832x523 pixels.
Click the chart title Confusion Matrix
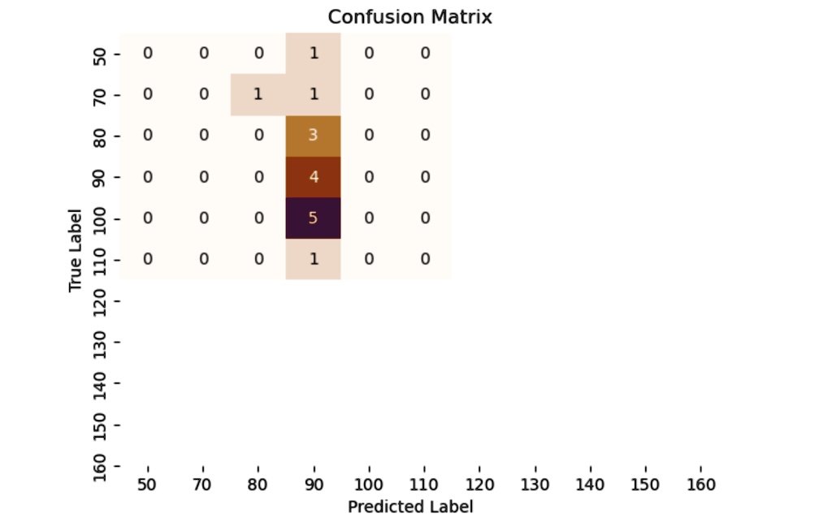pos(409,16)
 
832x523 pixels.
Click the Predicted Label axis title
pos(409,507)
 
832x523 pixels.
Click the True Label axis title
pos(76,250)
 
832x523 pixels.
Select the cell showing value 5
pos(313,218)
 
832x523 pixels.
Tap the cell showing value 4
pos(313,176)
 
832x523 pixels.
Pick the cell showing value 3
pos(313,135)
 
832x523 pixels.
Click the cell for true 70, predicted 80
pos(258,94)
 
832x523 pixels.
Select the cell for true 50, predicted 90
pos(313,53)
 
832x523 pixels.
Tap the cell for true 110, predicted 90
pos(313,259)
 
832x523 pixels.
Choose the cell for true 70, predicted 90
pos(313,94)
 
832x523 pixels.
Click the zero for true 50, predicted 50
pos(147,53)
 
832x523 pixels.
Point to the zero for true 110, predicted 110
pos(424,259)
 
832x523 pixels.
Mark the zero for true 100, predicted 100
pos(369,218)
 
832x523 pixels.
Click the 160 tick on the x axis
pos(700,485)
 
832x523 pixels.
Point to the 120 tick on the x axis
pos(479,485)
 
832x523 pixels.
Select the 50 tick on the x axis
pos(147,485)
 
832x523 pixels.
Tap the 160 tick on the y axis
pos(101,466)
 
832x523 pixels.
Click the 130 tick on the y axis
pos(101,341)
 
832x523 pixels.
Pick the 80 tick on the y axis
pos(101,135)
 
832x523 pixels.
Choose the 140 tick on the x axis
pos(590,485)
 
